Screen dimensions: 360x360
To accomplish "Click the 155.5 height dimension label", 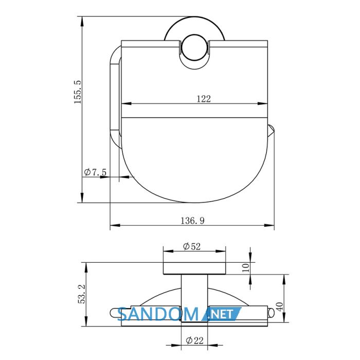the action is [x=78, y=92].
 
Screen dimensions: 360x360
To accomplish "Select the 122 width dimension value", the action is [x=204, y=99].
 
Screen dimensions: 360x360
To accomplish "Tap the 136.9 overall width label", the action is [x=192, y=221].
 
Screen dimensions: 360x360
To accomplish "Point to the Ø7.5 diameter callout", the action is [x=95, y=172].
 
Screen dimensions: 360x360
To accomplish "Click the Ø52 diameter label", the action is [x=192, y=246].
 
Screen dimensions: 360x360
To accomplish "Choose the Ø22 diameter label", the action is [x=195, y=340].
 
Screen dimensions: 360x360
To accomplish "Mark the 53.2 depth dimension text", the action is [x=81, y=294].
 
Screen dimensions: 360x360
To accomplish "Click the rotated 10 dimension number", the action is [x=246, y=268].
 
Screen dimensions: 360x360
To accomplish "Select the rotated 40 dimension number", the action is [x=279, y=307].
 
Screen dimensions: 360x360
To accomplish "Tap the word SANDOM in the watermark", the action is [x=158, y=314].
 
